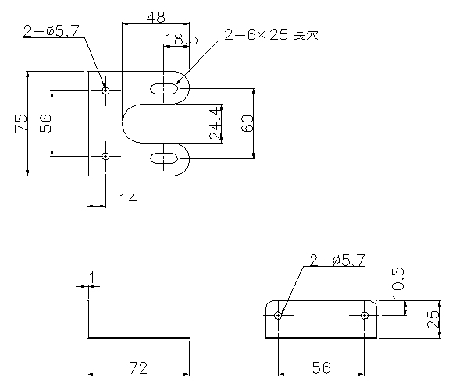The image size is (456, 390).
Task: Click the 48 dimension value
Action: click(156, 17)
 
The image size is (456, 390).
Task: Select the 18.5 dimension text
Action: click(181, 39)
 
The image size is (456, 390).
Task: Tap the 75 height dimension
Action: click(20, 123)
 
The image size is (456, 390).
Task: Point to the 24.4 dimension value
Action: click(216, 123)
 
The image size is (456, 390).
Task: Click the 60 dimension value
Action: click(248, 123)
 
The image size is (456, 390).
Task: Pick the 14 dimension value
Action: click(128, 200)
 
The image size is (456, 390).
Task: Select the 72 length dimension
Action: click(138, 367)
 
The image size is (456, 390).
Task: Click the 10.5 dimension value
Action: click(398, 283)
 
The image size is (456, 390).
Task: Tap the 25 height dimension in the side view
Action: click(433, 320)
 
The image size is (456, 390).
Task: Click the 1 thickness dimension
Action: click(92, 278)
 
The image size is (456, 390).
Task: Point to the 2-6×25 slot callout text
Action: click(271, 35)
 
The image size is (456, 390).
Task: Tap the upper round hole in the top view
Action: click(106, 90)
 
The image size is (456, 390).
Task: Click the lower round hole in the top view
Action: click(106, 156)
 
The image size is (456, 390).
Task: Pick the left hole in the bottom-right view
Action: click(278, 315)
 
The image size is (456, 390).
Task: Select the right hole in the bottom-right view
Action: click(364, 315)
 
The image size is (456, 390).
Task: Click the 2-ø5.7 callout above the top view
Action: click(52, 31)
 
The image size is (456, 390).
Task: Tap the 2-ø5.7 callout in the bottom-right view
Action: click(337, 260)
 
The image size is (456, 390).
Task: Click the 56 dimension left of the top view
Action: click(45, 123)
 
